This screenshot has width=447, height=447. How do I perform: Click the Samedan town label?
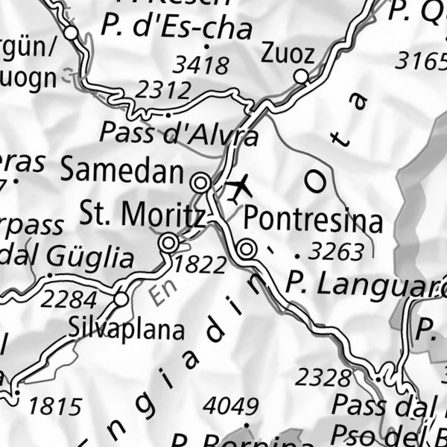click(121, 171)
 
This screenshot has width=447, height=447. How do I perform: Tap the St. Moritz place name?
click(142, 215)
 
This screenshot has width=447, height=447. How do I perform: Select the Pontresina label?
click(314, 221)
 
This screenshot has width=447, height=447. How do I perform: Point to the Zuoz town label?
click(288, 53)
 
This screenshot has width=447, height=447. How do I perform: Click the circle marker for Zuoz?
click(301, 77)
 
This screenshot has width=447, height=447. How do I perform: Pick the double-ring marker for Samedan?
click(200, 183)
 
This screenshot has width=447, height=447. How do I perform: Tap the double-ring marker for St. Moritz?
click(169, 243)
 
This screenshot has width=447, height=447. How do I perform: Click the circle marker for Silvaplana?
click(121, 299)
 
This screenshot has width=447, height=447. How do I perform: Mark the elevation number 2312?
click(165, 91)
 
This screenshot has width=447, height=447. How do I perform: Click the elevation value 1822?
click(200, 264)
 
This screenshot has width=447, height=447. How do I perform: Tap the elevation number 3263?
click(337, 252)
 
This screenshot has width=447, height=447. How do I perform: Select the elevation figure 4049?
click(231, 407)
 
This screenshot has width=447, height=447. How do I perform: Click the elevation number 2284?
click(69, 300)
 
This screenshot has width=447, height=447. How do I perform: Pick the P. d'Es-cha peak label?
click(177, 28)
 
